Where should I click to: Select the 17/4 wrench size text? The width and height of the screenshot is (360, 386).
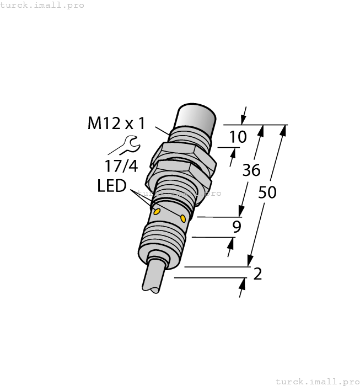coord(121,165)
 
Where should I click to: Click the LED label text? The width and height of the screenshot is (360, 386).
coord(111,186)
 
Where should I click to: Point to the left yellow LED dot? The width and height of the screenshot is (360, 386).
coord(157,211)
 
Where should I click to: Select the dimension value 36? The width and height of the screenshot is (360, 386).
coord(251,171)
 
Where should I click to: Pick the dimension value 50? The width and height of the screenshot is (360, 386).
coord(267,192)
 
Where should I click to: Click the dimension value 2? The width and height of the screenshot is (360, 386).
coord(257,274)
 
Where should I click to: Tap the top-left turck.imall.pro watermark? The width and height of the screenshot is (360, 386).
coord(42,5)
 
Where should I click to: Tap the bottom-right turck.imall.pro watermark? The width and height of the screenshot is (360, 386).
coord(316,381)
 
